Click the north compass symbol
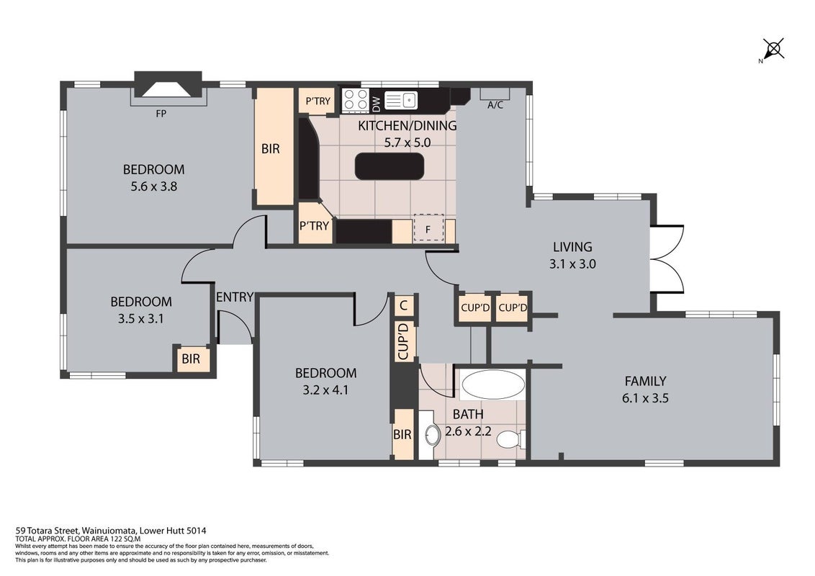(x=773, y=50)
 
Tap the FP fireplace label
(x=161, y=113)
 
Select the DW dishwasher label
(x=377, y=104)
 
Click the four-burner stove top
(x=356, y=100)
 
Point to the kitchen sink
(x=401, y=100)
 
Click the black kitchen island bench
(x=390, y=166)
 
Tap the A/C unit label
(x=495, y=105)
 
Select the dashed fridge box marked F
(x=428, y=229)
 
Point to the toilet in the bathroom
(x=511, y=439)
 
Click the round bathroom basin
(x=433, y=436)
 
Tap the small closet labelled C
(x=405, y=305)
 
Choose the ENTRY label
(x=235, y=297)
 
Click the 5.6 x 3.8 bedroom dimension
(x=154, y=186)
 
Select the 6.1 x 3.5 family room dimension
(x=645, y=398)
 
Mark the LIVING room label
(x=572, y=247)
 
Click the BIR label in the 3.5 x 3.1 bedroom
(x=191, y=359)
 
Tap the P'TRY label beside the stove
(x=318, y=101)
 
